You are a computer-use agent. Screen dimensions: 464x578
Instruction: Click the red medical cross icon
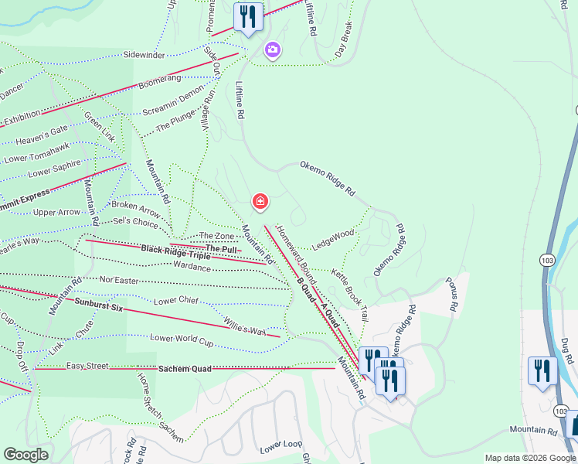(x=260, y=203)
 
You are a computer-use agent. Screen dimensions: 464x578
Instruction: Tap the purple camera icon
(x=272, y=51)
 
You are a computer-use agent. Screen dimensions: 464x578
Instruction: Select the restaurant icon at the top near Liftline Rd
(x=247, y=16)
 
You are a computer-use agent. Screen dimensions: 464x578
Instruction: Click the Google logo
(x=25, y=455)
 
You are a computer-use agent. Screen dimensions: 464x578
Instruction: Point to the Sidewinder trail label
(x=144, y=56)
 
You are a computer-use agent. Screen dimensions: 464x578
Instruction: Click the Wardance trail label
(x=192, y=268)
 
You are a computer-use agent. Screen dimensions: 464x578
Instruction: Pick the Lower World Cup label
(x=181, y=338)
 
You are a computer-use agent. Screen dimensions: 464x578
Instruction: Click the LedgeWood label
(x=333, y=239)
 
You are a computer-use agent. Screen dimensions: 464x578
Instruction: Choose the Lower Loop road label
(x=280, y=448)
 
